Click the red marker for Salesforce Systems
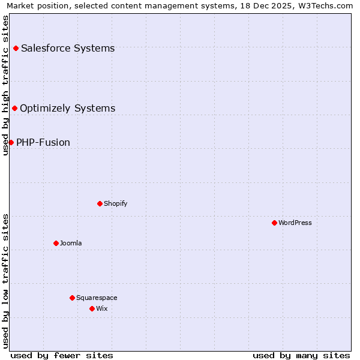(x=16, y=48)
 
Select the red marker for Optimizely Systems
(x=14, y=108)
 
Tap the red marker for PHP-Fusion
(x=11, y=142)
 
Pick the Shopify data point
(x=100, y=203)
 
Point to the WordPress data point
(x=274, y=223)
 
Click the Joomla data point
(x=56, y=243)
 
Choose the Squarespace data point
(x=72, y=298)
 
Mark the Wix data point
(x=92, y=308)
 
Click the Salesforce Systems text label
(x=68, y=48)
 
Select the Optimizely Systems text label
(x=67, y=108)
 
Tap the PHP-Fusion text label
(x=43, y=142)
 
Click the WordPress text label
(x=295, y=223)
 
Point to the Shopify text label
(x=116, y=203)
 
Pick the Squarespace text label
(x=97, y=298)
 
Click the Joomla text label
(x=71, y=243)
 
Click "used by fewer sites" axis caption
(x=62, y=355)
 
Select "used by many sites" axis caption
(x=301, y=355)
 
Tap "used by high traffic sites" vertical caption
(x=5, y=85)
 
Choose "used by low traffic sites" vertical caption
(x=5, y=281)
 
